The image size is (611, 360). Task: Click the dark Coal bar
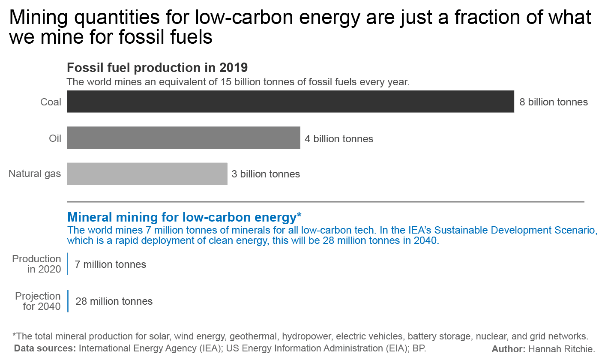tap(290, 102)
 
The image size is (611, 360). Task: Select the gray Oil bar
tap(183, 138)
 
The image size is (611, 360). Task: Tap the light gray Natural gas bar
tap(147, 174)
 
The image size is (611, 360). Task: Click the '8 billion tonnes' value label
tap(553, 102)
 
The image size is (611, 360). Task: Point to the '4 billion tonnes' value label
tap(338, 139)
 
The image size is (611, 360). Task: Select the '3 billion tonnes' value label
tap(266, 174)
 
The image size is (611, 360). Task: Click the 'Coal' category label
tap(51, 102)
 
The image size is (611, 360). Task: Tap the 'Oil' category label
tap(55, 138)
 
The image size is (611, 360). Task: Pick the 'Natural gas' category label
tap(35, 174)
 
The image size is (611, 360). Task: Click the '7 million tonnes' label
tap(110, 264)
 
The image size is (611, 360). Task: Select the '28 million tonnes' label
tap(114, 301)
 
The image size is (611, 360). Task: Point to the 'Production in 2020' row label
tap(37, 264)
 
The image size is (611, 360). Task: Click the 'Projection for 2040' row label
tap(38, 301)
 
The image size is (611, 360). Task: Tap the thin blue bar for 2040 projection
tap(68, 301)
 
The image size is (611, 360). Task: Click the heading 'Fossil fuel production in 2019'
tap(157, 68)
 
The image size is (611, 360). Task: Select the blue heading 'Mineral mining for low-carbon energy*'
tap(185, 216)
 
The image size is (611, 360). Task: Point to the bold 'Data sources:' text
tap(45, 348)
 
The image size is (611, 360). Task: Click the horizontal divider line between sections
tap(326, 201)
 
